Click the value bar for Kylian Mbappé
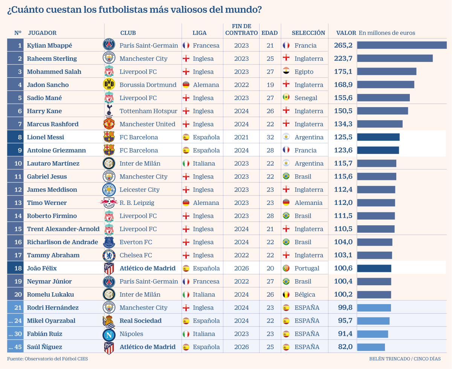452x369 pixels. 402,45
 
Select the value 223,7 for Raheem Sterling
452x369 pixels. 343,58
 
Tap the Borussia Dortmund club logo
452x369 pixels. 109,85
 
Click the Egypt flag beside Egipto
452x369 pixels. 286,72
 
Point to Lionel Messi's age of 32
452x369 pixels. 270,137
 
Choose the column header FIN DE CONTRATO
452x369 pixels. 241,30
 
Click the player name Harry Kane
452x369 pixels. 44,111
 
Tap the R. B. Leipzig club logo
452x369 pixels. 108,203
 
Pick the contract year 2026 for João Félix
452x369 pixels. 241,268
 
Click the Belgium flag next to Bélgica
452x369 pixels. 286,295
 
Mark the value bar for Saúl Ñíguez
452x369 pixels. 371,347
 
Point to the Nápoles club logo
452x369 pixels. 109,334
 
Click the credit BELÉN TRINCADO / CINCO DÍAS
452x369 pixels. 405,359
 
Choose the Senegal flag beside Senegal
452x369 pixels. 286,98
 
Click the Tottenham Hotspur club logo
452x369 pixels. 109,111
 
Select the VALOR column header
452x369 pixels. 346,33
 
